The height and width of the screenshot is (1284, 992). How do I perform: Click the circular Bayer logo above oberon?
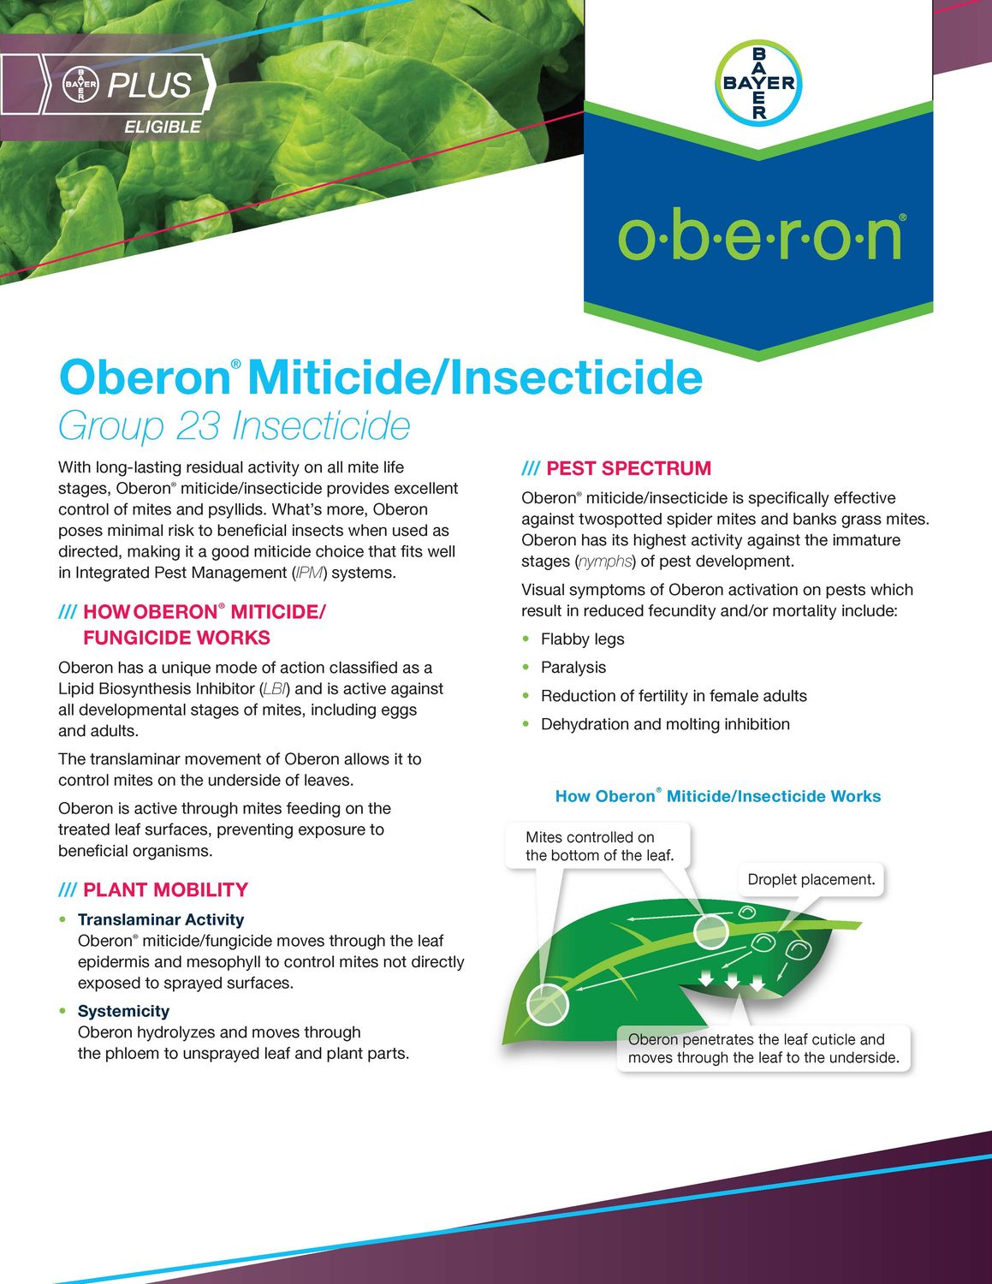click(x=758, y=83)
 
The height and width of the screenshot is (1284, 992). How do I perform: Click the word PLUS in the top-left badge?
click(x=149, y=86)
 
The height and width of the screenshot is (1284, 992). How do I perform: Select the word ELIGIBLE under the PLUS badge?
click(x=163, y=127)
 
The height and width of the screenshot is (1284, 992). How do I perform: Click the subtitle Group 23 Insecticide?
click(x=234, y=425)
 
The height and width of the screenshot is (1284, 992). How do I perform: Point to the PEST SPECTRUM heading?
click(x=627, y=468)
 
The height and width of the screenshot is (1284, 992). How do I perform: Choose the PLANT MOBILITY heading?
click(x=164, y=889)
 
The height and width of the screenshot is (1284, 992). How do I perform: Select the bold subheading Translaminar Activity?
click(x=161, y=919)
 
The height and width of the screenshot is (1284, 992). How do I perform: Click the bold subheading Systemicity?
click(x=123, y=1011)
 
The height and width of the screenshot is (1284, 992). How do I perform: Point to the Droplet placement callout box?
click(x=811, y=879)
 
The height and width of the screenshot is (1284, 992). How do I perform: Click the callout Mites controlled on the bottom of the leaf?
click(x=599, y=846)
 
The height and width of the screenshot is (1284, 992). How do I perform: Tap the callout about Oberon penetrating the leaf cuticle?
click(x=763, y=1049)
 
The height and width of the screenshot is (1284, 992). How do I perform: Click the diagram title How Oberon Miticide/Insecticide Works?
click(x=717, y=796)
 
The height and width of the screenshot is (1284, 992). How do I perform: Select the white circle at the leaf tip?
click(x=547, y=1003)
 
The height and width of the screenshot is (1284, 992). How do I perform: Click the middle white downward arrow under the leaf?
click(x=733, y=980)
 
